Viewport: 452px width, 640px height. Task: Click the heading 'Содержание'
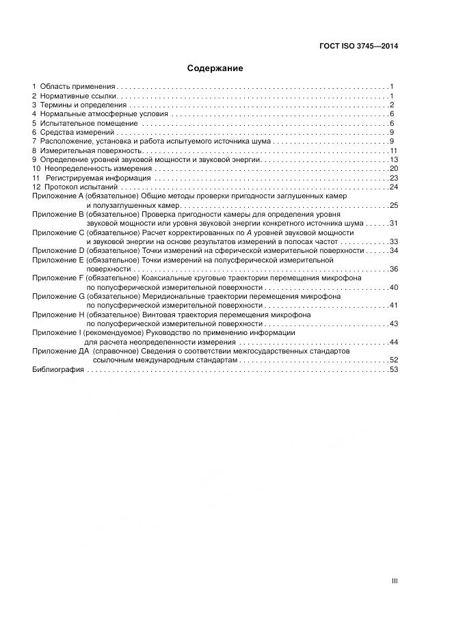215,68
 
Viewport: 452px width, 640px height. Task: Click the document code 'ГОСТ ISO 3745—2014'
359,46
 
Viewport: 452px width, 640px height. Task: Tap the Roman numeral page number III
395,581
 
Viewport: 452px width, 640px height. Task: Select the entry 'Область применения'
77,87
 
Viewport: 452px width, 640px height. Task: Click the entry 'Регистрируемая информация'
98,178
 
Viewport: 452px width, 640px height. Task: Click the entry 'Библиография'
58,369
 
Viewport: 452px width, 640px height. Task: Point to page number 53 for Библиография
394,369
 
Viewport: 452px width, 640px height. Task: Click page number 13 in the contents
394,159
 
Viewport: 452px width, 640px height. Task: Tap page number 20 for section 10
394,168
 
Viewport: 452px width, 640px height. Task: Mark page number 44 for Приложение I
394,341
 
